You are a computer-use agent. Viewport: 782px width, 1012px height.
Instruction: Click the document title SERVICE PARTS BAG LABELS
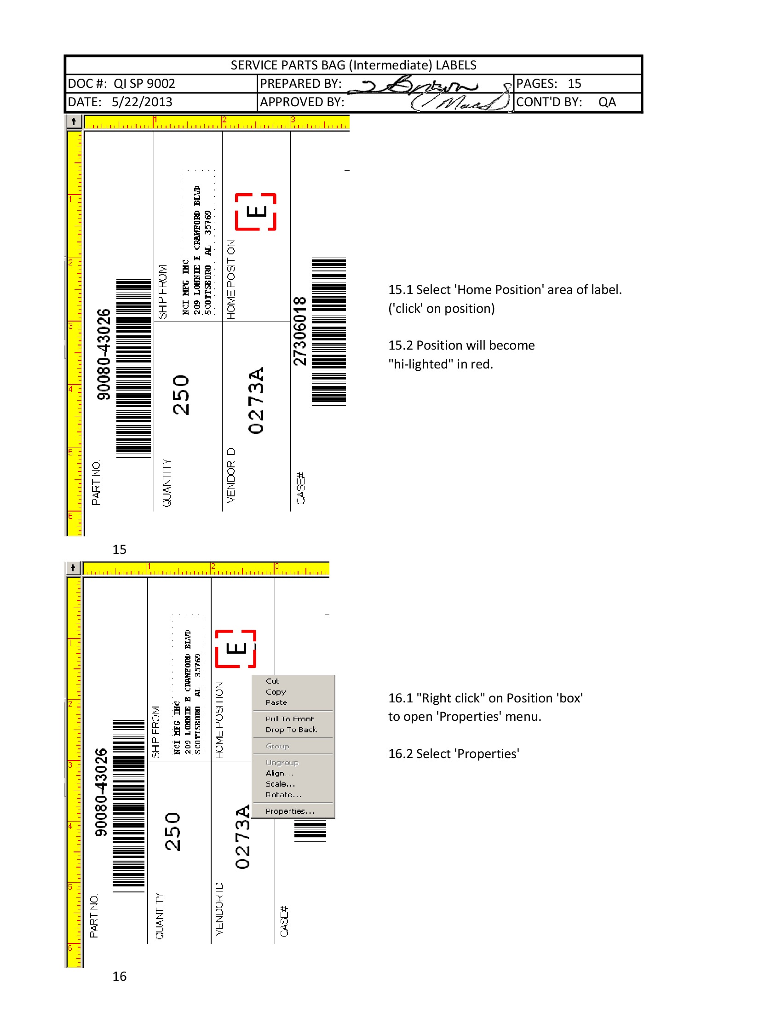[353, 65]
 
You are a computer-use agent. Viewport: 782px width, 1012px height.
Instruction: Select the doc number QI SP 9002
[144, 83]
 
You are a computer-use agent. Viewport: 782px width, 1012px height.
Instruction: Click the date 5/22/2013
[142, 102]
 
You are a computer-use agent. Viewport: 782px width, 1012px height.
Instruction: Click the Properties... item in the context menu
[289, 811]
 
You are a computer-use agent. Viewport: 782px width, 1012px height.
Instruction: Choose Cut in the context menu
[272, 681]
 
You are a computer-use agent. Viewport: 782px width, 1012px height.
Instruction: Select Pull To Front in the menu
[289, 719]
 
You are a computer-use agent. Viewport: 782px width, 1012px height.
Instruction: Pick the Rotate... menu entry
[283, 795]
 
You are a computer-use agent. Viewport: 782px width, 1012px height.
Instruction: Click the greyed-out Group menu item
[277, 746]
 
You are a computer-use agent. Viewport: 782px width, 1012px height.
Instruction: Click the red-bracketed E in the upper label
[256, 212]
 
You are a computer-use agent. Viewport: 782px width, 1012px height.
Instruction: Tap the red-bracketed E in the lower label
[236, 648]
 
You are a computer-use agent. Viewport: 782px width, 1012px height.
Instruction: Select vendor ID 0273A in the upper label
[256, 400]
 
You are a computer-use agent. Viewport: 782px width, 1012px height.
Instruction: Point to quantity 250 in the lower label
[172, 831]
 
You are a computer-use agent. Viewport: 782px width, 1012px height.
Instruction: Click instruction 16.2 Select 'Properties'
[453, 754]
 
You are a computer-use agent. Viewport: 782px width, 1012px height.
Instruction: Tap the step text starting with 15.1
[505, 290]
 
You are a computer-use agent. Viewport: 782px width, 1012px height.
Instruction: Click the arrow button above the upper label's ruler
[74, 121]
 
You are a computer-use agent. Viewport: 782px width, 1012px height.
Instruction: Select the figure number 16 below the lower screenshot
[119, 976]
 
